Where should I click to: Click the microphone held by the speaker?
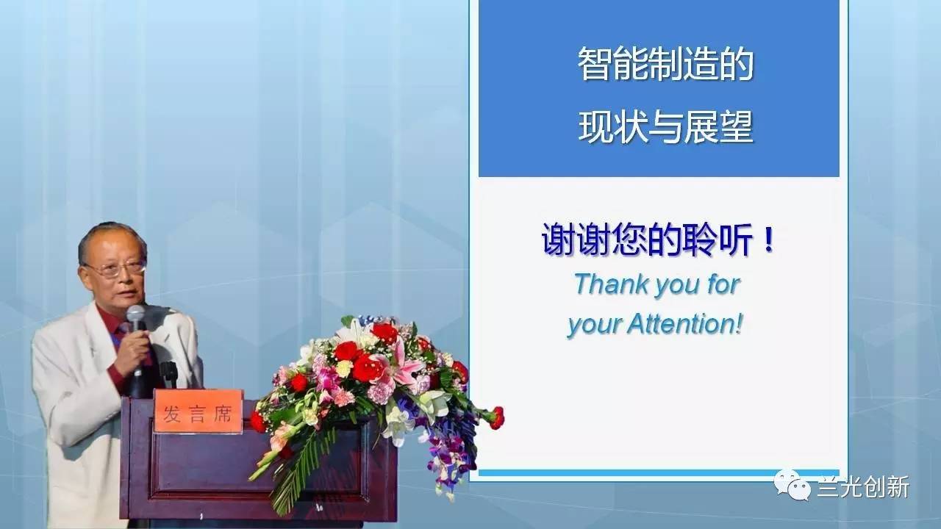pos(136,336)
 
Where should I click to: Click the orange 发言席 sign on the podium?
pos(198,411)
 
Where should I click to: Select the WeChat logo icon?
pos(792,486)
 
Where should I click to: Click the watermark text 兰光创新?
pos(863,487)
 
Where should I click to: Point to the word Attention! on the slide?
pos(685,324)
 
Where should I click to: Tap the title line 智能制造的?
pos(665,64)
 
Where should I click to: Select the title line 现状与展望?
pos(665,127)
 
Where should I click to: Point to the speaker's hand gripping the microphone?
pos(134,353)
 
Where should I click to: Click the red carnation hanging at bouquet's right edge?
pos(496,417)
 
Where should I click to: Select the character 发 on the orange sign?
pos(172,414)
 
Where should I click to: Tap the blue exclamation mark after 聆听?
pos(770,239)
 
